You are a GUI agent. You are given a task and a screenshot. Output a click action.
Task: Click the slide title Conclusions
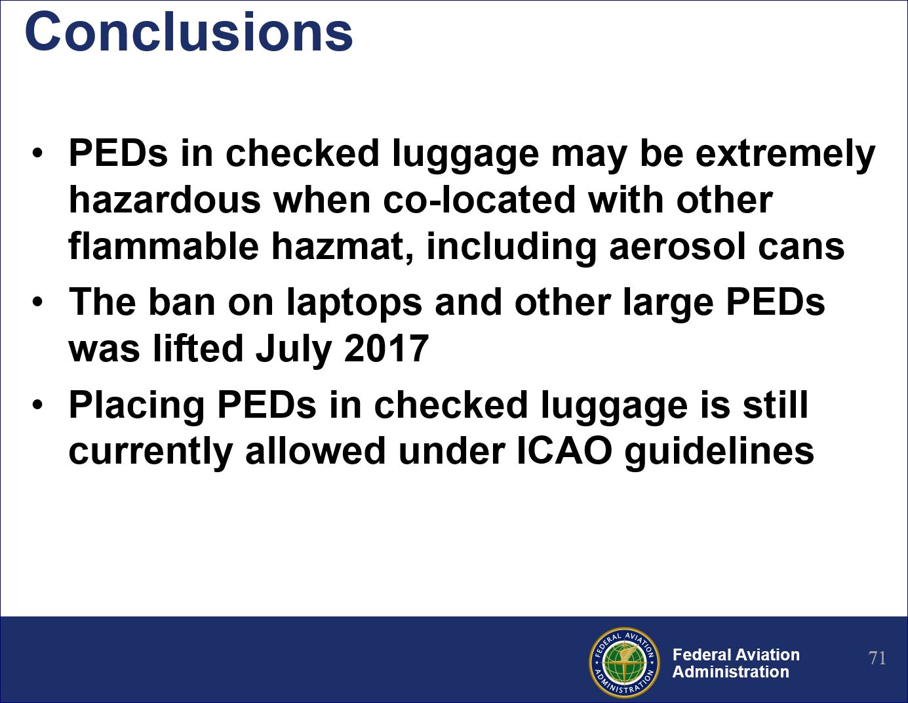(189, 32)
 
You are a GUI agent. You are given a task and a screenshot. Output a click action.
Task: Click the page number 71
(877, 658)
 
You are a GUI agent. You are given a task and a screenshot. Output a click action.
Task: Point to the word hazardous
(165, 200)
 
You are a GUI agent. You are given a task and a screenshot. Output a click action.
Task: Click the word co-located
(480, 200)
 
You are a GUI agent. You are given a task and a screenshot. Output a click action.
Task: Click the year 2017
(387, 349)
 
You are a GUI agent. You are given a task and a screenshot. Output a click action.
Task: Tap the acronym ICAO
(564, 451)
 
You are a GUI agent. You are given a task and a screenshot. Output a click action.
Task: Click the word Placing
(136, 406)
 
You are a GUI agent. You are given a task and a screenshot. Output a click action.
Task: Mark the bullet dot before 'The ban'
(37, 302)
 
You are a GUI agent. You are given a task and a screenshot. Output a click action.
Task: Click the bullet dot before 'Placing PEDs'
(37, 404)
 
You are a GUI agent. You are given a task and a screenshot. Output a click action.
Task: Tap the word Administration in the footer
(731, 672)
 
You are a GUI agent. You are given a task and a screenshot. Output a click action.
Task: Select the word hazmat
(343, 247)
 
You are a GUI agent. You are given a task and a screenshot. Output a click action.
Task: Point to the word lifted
(198, 349)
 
